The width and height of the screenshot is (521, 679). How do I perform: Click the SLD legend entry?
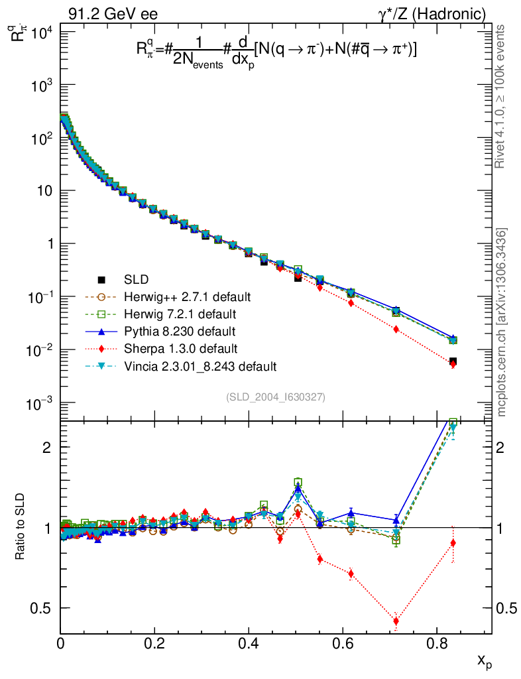[x=140, y=279]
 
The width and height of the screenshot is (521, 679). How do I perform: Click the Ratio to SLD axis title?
[x=21, y=527]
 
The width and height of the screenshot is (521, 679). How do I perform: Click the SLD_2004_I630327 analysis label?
[x=275, y=397]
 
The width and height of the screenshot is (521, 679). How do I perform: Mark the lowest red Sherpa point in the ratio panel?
[x=396, y=621]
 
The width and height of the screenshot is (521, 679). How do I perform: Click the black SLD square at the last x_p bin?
[x=453, y=361]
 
